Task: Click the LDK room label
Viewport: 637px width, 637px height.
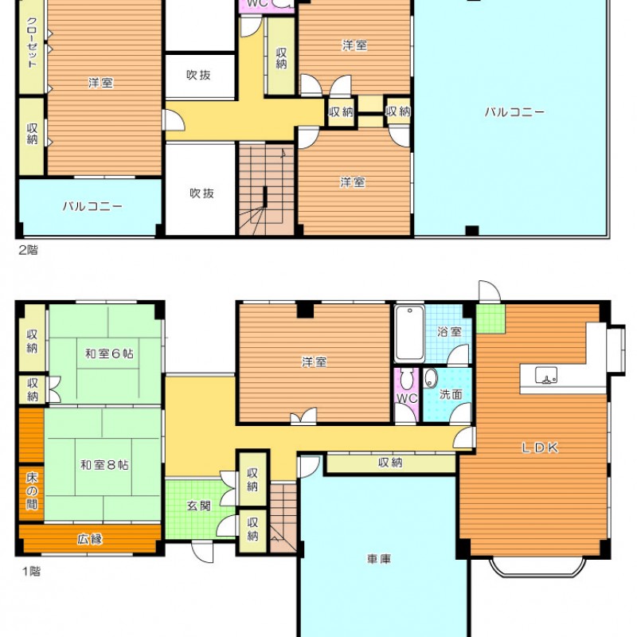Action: tap(540, 447)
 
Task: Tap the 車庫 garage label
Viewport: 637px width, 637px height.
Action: tap(379, 559)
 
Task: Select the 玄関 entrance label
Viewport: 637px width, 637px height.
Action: tap(199, 506)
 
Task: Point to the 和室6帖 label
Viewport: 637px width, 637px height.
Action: tap(109, 354)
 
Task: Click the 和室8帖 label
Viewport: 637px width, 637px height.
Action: tap(104, 464)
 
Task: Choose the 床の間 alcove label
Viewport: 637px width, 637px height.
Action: tap(32, 490)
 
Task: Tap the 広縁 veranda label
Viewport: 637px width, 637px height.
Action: tap(90, 539)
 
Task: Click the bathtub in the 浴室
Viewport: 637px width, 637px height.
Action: tap(409, 333)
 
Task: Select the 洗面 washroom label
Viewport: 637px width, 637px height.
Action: tap(451, 393)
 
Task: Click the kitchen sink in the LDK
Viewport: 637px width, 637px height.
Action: tap(546, 375)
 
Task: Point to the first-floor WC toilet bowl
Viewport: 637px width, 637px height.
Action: tap(406, 379)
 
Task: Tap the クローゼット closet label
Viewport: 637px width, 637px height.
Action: tap(32, 42)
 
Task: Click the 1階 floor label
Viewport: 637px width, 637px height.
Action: tap(31, 571)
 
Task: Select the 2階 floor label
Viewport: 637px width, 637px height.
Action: tap(29, 250)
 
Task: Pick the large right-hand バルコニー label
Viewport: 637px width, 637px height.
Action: tap(514, 111)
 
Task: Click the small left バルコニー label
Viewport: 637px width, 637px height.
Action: tap(92, 206)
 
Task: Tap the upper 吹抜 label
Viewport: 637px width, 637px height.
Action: tap(198, 75)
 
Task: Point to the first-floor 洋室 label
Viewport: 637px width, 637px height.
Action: tap(314, 361)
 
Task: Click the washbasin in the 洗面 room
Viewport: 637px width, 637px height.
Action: tap(431, 379)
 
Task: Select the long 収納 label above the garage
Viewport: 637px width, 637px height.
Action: tap(390, 463)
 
